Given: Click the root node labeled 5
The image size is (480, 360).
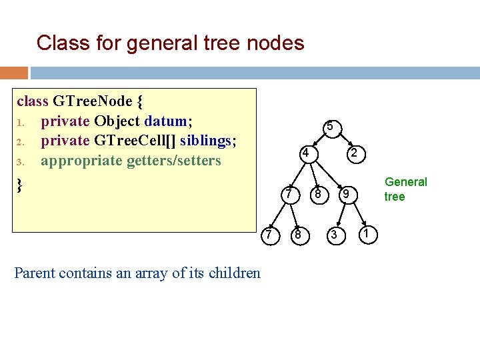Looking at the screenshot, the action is coord(329,127).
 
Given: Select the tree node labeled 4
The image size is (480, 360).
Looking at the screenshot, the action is coord(304,153).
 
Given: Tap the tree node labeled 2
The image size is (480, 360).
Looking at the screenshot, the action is coord(355,154).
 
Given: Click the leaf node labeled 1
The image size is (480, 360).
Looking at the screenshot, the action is coord(368,232).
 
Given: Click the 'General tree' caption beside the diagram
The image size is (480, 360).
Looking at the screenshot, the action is coord(405,189).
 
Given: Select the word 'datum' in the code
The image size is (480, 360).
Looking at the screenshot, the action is coord(166,121).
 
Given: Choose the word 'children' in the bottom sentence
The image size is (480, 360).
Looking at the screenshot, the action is coord(234,273).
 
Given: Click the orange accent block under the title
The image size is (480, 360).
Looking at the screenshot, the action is coord(14,72).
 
